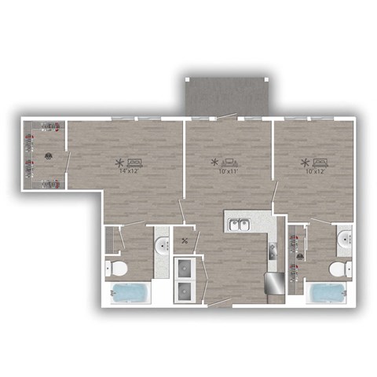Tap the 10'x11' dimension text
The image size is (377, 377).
228,171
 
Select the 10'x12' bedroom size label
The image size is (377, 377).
313,171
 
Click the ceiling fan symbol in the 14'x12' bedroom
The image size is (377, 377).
119,163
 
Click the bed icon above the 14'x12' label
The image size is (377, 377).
133,162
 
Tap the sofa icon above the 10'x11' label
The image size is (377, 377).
227,162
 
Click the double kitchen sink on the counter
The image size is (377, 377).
240,225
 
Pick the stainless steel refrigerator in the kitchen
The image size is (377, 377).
275,282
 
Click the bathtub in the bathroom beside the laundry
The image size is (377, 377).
130,294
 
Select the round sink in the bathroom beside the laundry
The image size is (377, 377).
163,247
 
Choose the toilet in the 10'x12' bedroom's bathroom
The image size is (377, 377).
338,269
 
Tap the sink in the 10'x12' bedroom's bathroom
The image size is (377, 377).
343,240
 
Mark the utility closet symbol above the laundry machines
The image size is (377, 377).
185,241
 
